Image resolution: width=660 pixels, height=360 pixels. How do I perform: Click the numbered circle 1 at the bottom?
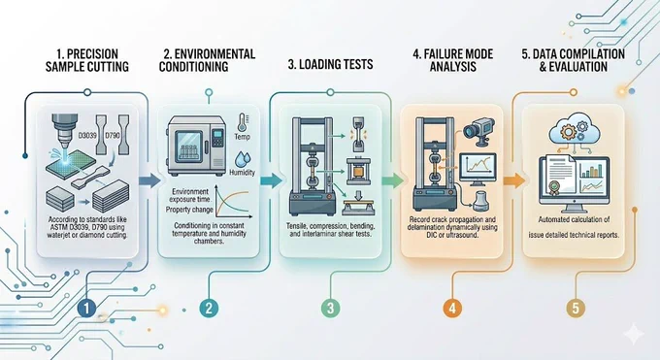86,309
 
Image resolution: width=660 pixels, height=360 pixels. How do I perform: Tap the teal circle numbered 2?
209,309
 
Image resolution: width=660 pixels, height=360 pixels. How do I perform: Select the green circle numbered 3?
330,309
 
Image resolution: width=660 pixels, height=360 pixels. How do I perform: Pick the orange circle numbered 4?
452,309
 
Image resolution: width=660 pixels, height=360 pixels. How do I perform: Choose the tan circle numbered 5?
576,309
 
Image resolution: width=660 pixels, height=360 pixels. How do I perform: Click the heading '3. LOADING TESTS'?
330,64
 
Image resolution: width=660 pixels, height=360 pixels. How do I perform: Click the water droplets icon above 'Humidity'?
242,159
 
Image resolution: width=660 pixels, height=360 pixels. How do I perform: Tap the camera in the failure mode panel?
479,131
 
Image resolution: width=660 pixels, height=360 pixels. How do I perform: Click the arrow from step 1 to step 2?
149,181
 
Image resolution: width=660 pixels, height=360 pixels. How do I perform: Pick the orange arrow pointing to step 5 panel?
514,181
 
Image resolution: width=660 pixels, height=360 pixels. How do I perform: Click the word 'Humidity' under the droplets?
242,172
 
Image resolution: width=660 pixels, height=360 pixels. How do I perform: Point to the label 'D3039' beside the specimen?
87,136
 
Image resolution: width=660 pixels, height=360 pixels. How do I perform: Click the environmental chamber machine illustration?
196,147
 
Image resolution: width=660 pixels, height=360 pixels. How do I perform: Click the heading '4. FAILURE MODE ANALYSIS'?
453,60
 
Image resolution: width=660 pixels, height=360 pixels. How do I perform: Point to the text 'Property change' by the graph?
189,210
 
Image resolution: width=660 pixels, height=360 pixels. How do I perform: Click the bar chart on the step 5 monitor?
592,170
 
